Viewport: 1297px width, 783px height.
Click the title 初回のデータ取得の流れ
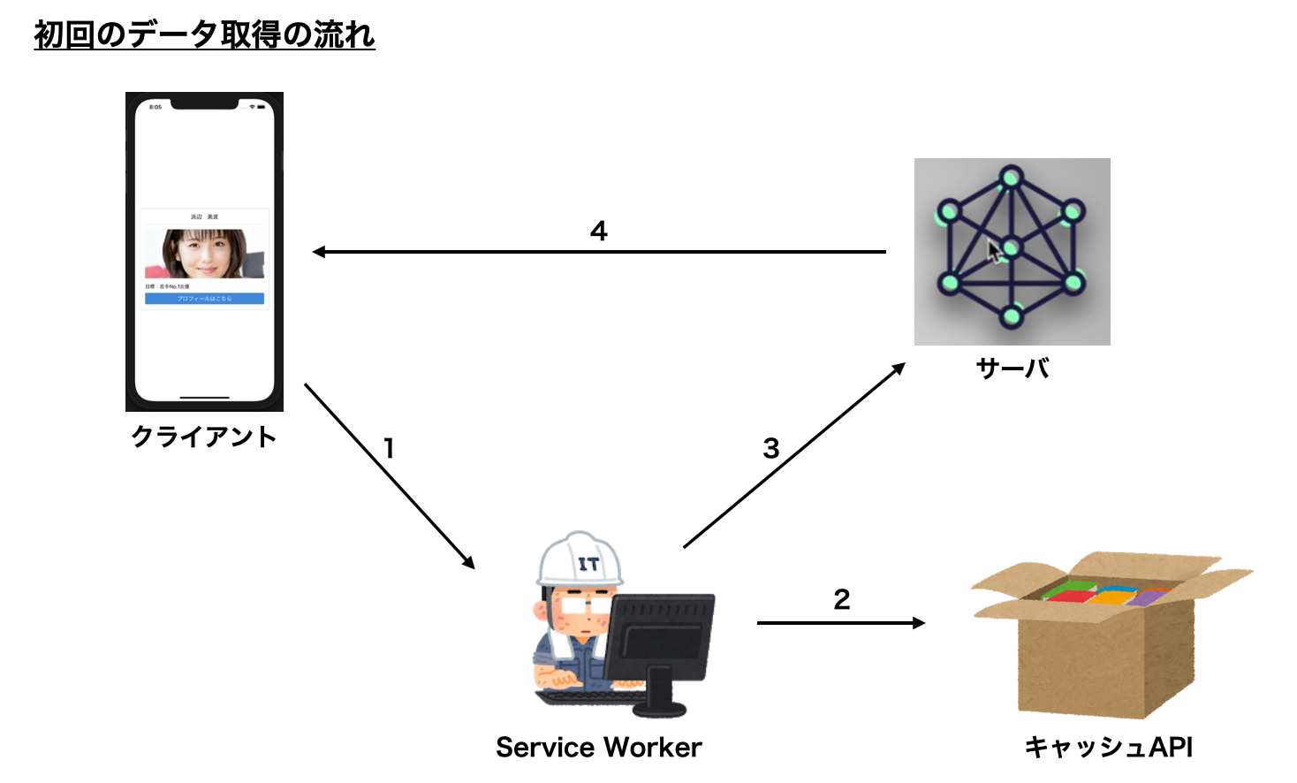tap(204, 35)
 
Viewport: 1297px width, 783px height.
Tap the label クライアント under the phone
tap(204, 437)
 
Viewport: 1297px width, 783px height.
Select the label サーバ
tap(1013, 368)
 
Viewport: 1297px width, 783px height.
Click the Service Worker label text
tap(598, 748)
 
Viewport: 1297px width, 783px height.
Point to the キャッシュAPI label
tap(1108, 748)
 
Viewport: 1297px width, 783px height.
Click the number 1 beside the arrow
tap(389, 449)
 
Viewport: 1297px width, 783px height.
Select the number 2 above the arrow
tap(841, 600)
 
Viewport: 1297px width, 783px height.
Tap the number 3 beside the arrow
tap(770, 449)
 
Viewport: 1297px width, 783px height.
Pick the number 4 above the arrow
tap(598, 232)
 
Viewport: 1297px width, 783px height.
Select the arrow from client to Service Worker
tap(389, 475)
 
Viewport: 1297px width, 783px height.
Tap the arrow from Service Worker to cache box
tap(839, 623)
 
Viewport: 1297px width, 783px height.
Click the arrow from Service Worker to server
tap(793, 455)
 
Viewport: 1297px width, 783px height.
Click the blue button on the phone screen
tap(204, 299)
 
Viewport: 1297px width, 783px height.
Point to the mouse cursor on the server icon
tap(994, 251)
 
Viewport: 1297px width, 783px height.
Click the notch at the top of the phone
tap(204, 104)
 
